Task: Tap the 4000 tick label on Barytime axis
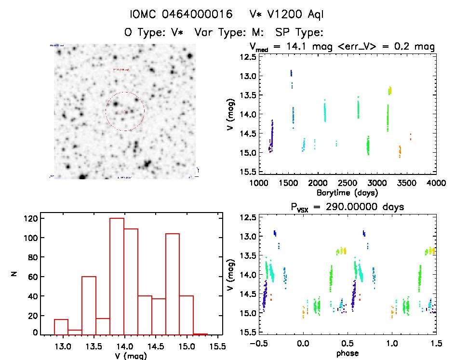click(436, 184)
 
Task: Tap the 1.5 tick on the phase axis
click(436, 345)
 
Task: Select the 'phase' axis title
click(347, 353)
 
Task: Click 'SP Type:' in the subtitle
click(298, 32)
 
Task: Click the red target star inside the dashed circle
click(126, 112)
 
